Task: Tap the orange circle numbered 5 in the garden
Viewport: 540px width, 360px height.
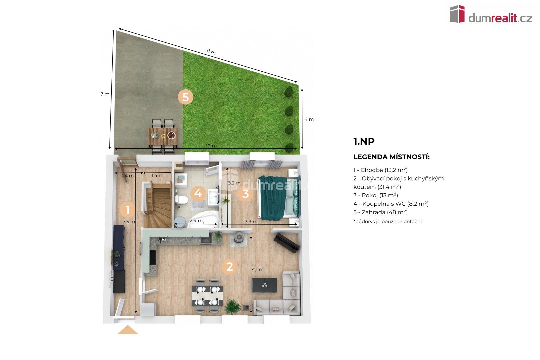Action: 185,97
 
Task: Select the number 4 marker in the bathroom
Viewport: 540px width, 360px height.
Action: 198,193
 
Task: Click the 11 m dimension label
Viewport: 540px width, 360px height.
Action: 211,52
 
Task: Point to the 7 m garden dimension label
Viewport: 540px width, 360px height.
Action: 105,94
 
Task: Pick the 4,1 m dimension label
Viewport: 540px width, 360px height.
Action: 257,269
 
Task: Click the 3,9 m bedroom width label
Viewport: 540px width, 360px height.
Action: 251,221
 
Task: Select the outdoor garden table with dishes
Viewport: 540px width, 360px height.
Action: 163,136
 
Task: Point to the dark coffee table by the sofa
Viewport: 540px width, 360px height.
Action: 264,285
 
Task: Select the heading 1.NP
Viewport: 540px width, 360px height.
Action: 364,141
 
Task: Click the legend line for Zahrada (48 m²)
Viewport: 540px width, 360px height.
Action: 381,212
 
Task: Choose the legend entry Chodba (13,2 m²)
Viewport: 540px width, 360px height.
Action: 381,170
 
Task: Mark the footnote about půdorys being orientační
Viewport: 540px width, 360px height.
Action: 387,221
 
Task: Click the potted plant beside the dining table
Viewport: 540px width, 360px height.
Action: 232,306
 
